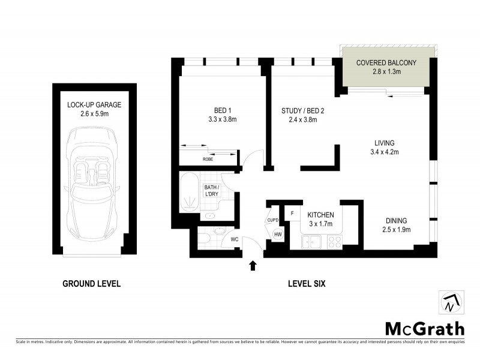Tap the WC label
[x=235, y=239]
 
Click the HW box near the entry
[x=278, y=235]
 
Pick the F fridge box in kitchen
[x=292, y=213]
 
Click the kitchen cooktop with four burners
[x=334, y=242]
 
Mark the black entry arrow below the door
[x=253, y=264]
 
